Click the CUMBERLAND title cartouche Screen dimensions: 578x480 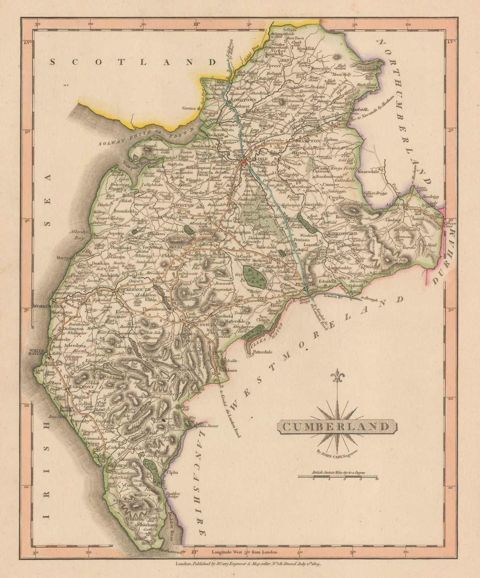[x=336, y=426]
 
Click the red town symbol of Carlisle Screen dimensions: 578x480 [x=245, y=162]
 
